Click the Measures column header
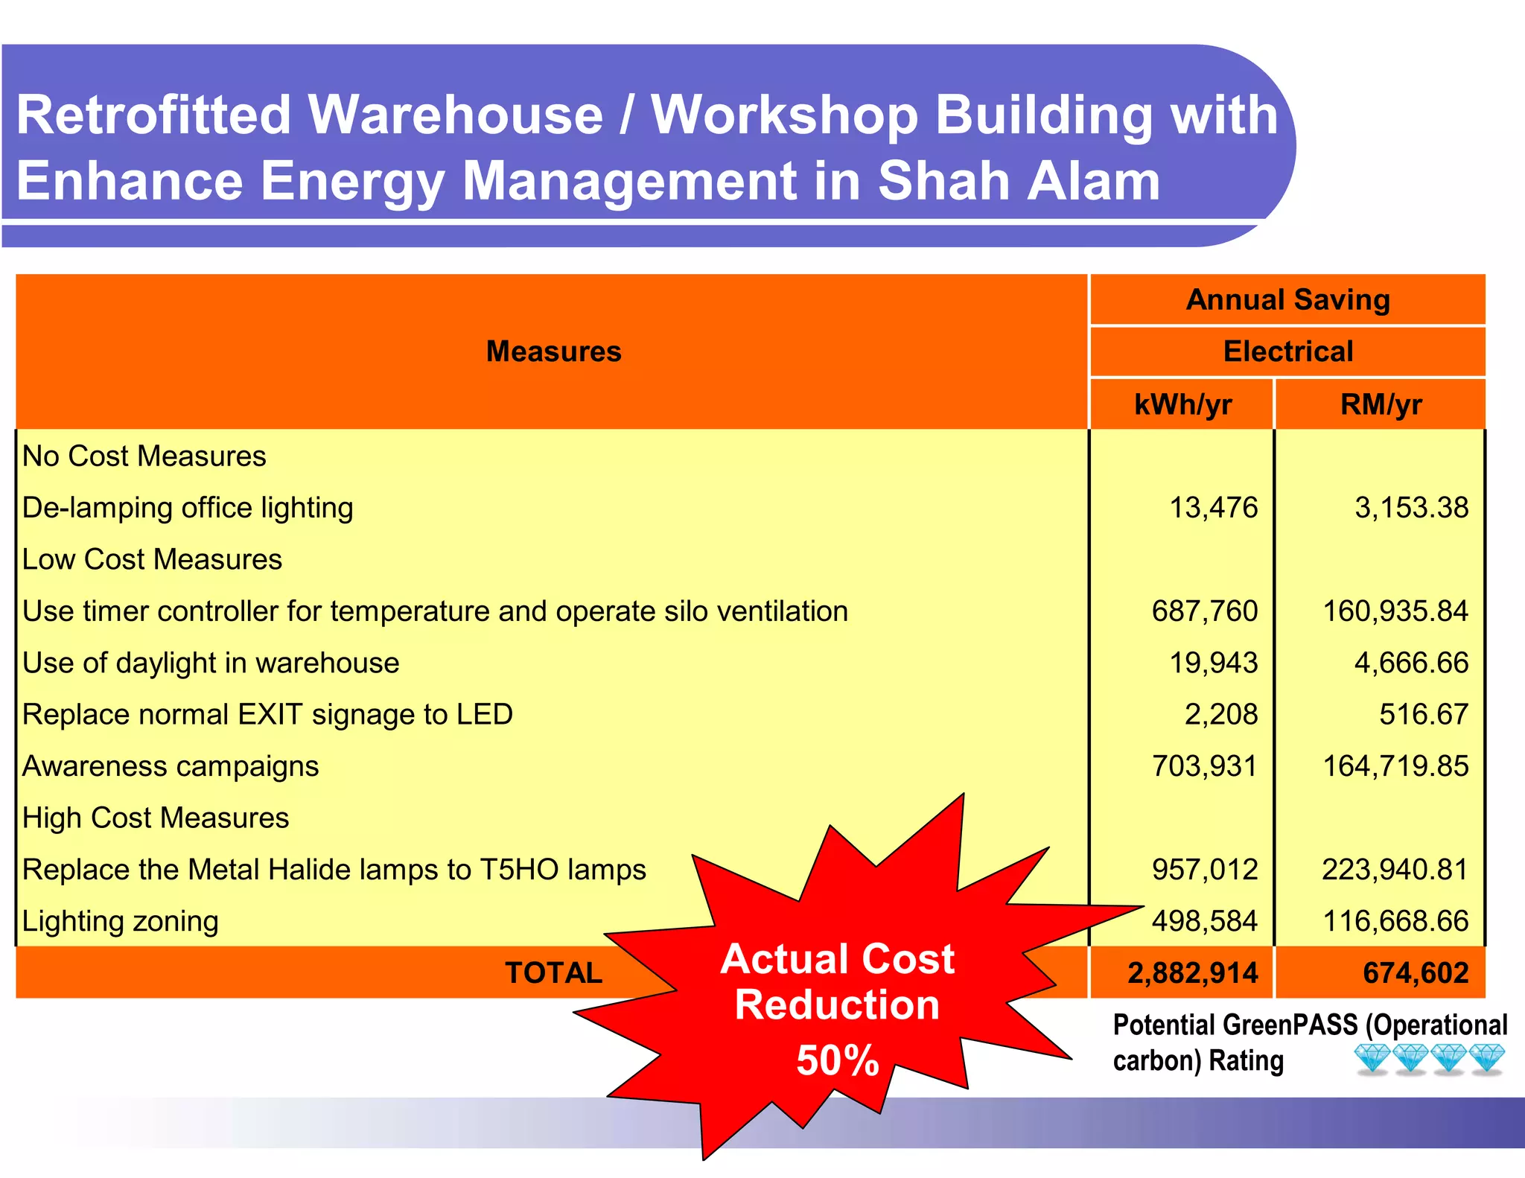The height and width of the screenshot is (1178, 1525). (x=553, y=351)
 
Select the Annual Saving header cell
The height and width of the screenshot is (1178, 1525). (x=1287, y=299)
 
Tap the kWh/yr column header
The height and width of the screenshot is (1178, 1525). (x=1182, y=404)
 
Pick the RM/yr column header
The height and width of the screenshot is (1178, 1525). (x=1381, y=404)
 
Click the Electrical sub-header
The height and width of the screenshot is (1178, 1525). (x=1287, y=351)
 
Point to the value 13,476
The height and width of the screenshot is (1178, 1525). (x=1213, y=508)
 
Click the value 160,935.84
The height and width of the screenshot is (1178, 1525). (x=1395, y=611)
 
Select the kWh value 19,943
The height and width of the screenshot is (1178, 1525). (x=1213, y=663)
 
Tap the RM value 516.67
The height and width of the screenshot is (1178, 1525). (x=1423, y=714)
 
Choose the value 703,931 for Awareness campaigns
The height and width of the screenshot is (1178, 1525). (x=1204, y=766)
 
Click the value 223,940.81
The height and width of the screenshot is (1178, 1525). (x=1395, y=870)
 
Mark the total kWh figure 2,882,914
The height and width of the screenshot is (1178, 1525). (x=1192, y=973)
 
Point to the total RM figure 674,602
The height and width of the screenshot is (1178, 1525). (x=1415, y=973)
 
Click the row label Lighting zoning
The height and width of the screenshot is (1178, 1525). (x=121, y=922)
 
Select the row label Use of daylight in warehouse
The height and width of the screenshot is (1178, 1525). (x=211, y=663)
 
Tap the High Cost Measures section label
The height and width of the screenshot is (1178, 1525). (x=156, y=818)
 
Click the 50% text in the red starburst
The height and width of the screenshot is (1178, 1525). (x=837, y=1060)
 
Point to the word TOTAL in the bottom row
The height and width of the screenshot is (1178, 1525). (x=553, y=973)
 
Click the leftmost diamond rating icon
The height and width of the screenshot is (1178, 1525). (x=1372, y=1058)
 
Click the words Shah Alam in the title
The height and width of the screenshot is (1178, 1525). (x=1018, y=182)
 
